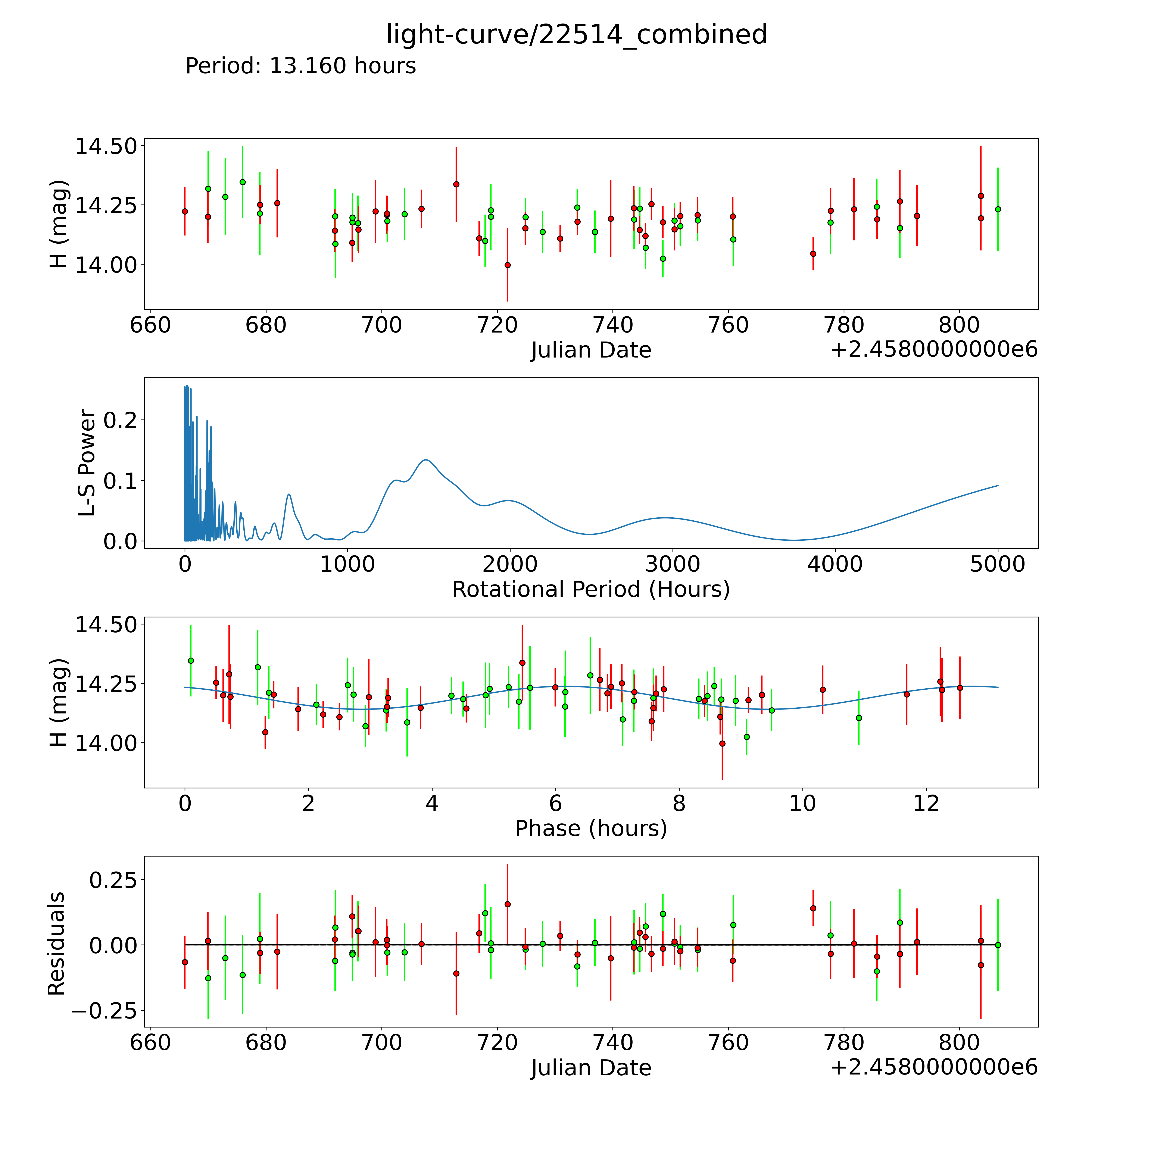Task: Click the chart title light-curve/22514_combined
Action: (576, 35)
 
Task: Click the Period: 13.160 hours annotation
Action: (300, 66)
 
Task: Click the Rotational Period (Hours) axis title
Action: (591, 590)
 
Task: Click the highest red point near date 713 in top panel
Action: (456, 184)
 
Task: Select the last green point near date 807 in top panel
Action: (998, 209)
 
